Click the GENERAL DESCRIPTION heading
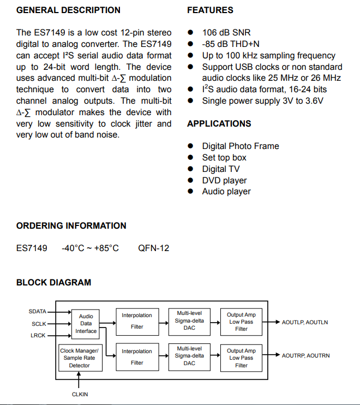pos(68,10)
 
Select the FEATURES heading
pos(210,10)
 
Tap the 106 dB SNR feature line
pos(226,33)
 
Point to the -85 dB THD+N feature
pos(231,44)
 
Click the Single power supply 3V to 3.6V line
pos(262,101)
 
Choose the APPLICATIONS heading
pos(219,124)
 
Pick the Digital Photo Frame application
pos(240,146)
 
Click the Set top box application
pos(224,158)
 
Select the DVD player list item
pos(224,181)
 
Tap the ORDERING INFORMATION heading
pos(71,226)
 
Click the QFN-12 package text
pos(153,248)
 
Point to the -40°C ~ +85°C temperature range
pos(90,248)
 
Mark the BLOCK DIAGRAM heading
pos(53,283)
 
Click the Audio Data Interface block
pos(86,324)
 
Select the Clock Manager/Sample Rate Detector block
pos(80,358)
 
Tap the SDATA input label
pos(38,312)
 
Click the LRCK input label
pos(38,335)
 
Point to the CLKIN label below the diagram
pos(80,394)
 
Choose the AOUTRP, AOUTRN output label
pos(305,356)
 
